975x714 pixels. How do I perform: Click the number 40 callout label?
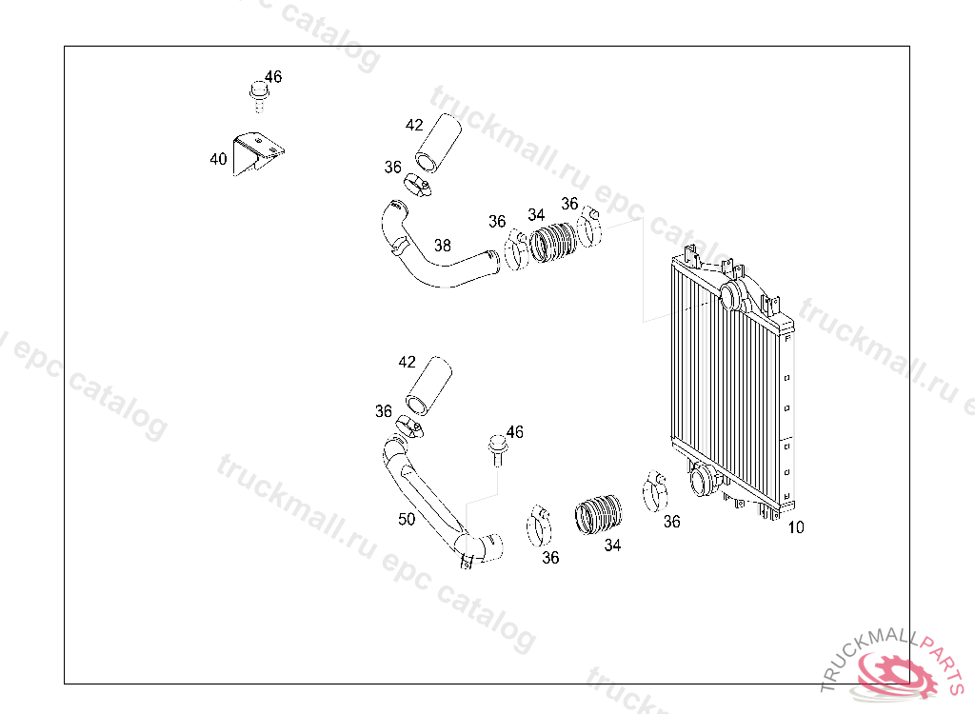[x=218, y=159]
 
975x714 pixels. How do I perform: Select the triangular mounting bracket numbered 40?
[x=255, y=152]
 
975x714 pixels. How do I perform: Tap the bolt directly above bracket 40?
[x=259, y=96]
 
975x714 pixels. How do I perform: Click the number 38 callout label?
[x=442, y=246]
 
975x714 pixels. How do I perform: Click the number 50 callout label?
[x=406, y=519]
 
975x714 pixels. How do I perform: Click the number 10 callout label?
[x=796, y=527]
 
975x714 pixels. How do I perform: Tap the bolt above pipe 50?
[x=497, y=450]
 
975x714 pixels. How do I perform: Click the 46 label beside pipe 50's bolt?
[x=515, y=431]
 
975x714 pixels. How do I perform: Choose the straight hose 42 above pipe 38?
[x=438, y=143]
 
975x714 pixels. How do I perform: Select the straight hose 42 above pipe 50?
[x=428, y=386]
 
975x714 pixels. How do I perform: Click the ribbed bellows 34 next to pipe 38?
[x=553, y=243]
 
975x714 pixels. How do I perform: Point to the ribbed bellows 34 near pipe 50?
[x=598, y=515]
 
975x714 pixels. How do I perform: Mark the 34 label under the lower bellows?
[x=612, y=545]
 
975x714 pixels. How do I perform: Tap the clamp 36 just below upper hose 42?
[x=417, y=185]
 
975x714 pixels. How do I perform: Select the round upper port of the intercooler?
[x=731, y=293]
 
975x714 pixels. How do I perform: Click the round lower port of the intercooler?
[x=703, y=480]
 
